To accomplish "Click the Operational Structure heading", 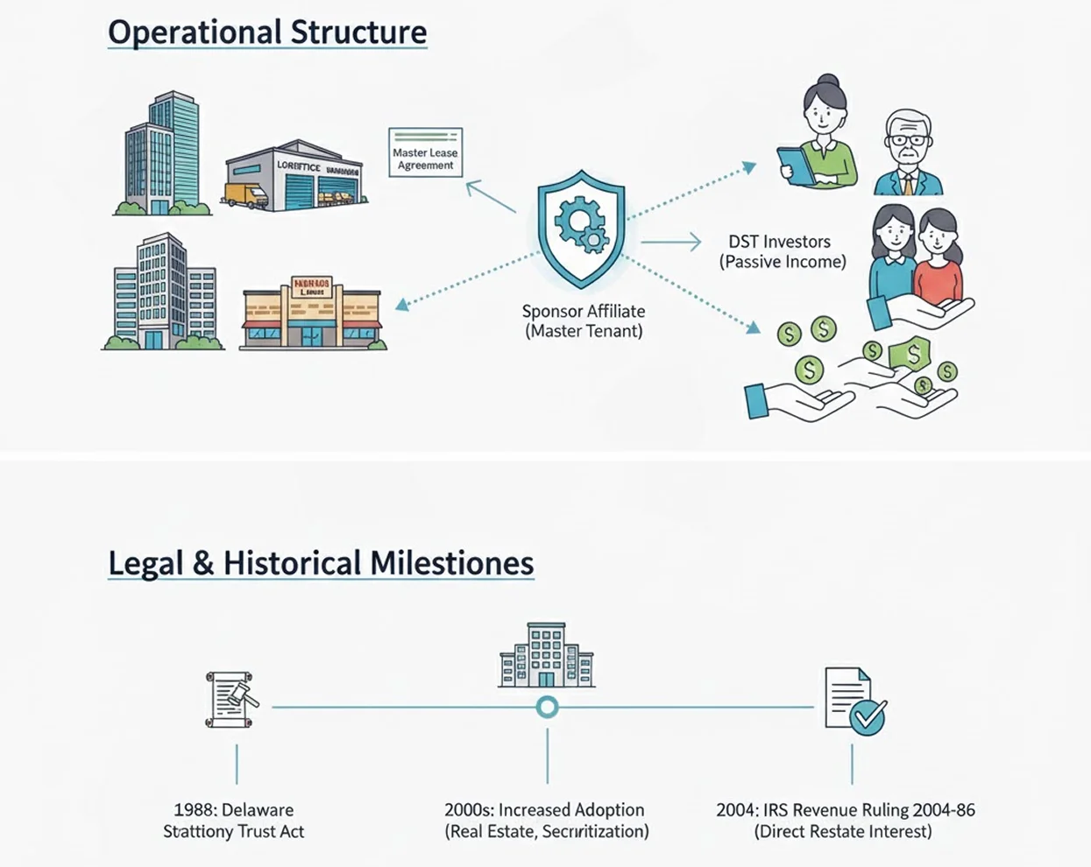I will [267, 32].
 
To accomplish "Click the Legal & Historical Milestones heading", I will [321, 562].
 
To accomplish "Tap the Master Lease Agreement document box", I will [425, 152].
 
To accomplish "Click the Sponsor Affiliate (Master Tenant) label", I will [584, 321].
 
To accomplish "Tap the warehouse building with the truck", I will [294, 175].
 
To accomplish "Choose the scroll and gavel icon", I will [232, 700].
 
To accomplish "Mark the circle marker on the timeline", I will [547, 707].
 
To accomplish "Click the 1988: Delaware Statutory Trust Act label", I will [233, 821].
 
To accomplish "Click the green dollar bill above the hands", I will [911, 354].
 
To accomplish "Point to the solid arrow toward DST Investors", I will [671, 242].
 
